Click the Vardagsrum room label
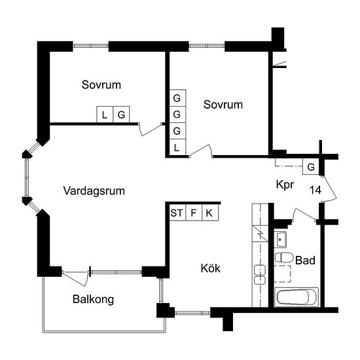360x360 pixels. [x=94, y=191]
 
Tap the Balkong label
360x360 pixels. [x=93, y=299]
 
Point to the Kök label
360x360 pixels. [x=211, y=268]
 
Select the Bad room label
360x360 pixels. [x=305, y=261]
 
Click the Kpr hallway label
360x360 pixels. [x=285, y=185]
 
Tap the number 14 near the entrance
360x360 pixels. [x=315, y=190]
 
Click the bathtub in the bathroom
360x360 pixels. [x=297, y=297]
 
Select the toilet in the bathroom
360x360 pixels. [x=284, y=258]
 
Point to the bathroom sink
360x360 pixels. [x=280, y=240]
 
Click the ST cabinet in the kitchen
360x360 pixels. [x=177, y=213]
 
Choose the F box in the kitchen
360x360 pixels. [x=194, y=213]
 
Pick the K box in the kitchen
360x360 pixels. [x=210, y=213]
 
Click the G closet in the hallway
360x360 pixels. [x=311, y=166]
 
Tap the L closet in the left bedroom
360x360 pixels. [x=105, y=115]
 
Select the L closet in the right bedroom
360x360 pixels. [x=177, y=147]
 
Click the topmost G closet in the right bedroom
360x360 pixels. [x=177, y=98]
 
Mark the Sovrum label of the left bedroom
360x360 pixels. [x=101, y=84]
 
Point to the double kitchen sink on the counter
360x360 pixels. [x=260, y=275]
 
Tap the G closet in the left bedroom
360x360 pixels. [x=122, y=115]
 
